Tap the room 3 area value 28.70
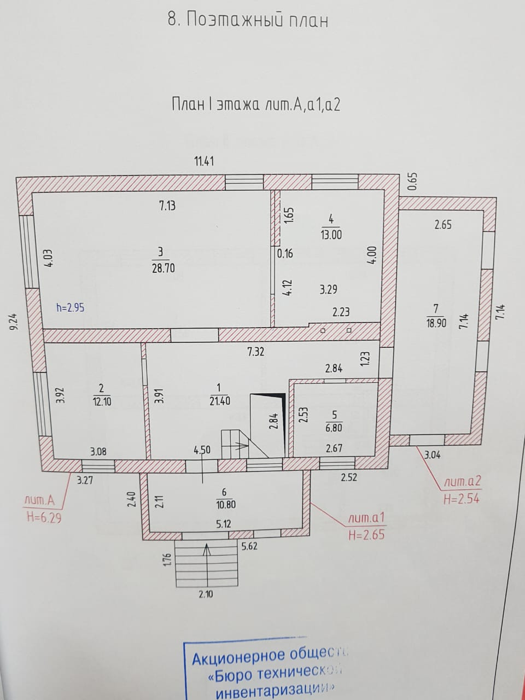[x=160, y=269]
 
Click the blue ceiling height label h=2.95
[x=71, y=307]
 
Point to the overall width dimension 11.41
[x=204, y=161]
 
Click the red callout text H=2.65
[x=366, y=534]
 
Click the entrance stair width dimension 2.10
[x=206, y=594]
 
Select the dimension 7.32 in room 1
[x=255, y=352]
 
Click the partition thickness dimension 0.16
[x=285, y=253]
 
